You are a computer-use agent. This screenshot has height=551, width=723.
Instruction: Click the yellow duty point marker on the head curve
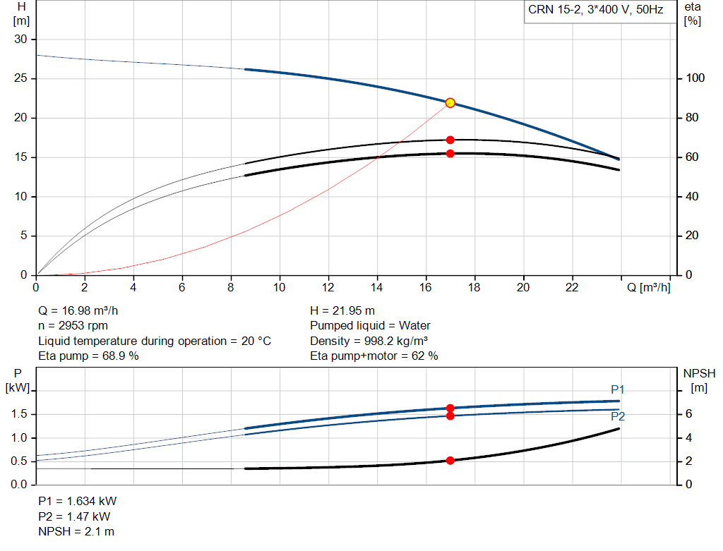coord(450,103)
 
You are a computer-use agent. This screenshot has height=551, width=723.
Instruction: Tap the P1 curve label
coord(617,389)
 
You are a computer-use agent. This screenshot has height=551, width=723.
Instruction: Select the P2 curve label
coord(618,416)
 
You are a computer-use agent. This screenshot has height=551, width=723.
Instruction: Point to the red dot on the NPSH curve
coord(450,460)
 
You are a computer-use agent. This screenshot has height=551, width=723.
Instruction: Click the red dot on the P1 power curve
coord(450,408)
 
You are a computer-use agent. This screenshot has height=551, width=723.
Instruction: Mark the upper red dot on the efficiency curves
coord(450,140)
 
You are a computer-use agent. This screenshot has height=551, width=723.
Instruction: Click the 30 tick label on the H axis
coord(20,40)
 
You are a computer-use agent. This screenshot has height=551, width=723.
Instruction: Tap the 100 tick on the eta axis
coord(695,78)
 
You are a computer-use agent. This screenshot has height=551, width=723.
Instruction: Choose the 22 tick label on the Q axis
coord(572,287)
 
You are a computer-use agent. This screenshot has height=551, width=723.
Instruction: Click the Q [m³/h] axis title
coord(648,287)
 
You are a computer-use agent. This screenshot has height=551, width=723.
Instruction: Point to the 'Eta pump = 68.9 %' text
coord(88,356)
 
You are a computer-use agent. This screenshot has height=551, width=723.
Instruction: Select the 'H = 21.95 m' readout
coord(342,311)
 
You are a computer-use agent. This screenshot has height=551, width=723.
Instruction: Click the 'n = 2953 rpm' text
coord(73,326)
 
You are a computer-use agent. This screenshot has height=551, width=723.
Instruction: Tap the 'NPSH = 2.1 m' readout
coord(76,531)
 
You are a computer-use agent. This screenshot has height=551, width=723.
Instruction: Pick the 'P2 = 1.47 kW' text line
coord(74,516)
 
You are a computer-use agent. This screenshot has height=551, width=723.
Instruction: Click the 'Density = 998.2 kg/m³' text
coord(369,341)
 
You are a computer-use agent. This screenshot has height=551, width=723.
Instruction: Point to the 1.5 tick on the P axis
coord(19,413)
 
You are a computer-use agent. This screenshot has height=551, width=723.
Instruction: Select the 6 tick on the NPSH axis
coord(688,413)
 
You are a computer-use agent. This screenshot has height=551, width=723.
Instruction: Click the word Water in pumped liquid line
coord(414,326)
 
